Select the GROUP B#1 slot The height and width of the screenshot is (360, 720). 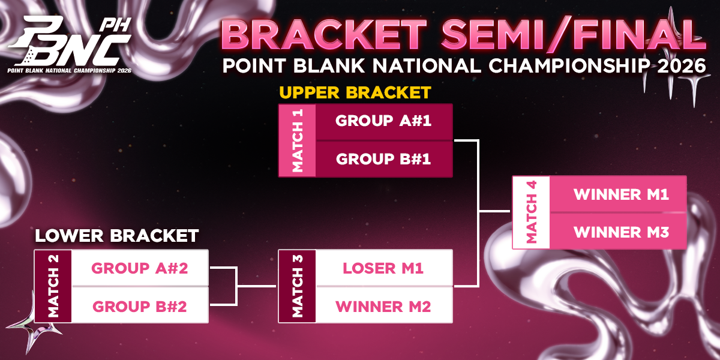pyautogui.click(x=384, y=159)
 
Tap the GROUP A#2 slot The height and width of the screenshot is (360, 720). pyautogui.click(x=140, y=268)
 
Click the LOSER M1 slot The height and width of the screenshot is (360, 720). pyautogui.click(x=384, y=268)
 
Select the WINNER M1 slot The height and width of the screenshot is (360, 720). pyautogui.click(x=618, y=194)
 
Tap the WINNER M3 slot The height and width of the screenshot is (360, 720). pyautogui.click(x=618, y=231)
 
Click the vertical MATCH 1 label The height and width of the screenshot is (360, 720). pyautogui.click(x=298, y=140)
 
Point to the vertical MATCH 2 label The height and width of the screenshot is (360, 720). pyautogui.click(x=53, y=286)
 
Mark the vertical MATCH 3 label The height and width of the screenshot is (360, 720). pyautogui.click(x=298, y=286)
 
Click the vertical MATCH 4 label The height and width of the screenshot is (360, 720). pyautogui.click(x=532, y=212)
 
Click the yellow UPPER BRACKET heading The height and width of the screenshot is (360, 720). pyautogui.click(x=355, y=92)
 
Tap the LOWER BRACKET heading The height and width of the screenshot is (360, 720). pyautogui.click(x=116, y=236)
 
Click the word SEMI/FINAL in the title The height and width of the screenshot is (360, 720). pyautogui.click(x=574, y=34)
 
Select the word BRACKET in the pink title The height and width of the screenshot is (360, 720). pyautogui.click(x=324, y=34)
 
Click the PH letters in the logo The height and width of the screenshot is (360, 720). pyautogui.click(x=115, y=25)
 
